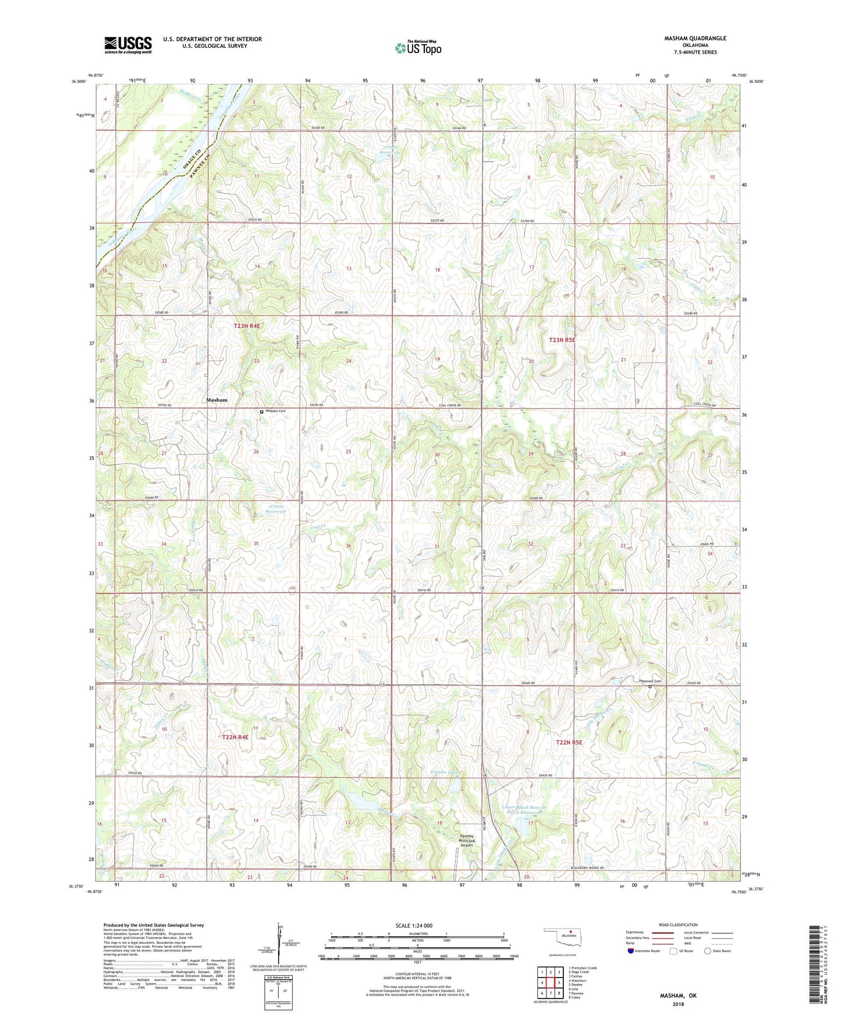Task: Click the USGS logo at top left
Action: click(128, 45)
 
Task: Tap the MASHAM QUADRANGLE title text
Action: click(695, 38)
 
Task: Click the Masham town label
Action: click(217, 400)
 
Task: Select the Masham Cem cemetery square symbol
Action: click(261, 411)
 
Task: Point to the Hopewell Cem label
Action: click(650, 681)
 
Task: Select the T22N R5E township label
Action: click(569, 743)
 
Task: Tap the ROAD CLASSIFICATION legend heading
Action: click(678, 925)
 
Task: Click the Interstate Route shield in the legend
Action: click(631, 951)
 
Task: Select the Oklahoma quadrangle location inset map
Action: click(562, 939)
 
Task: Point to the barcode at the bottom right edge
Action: click(817, 965)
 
